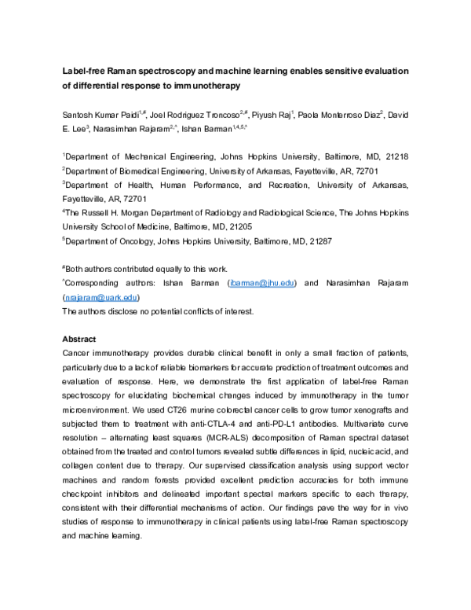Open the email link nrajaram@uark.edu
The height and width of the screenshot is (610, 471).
pos(101,297)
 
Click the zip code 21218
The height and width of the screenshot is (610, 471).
pos(393,156)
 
